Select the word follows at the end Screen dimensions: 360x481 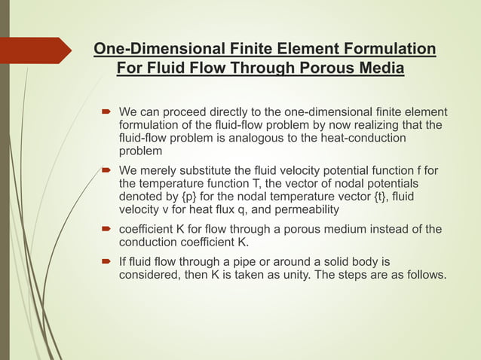(424, 276)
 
